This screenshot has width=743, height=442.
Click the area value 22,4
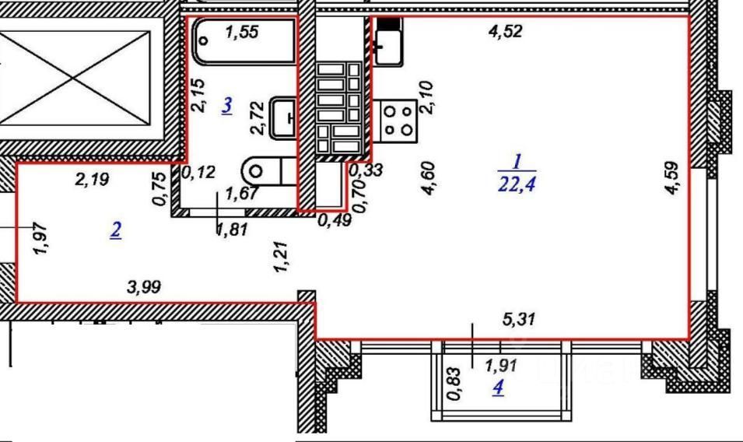pos(517,184)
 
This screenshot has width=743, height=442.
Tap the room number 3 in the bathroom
pos(227,105)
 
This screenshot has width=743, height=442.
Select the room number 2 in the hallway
pos(116,230)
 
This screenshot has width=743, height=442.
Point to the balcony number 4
pos(498,388)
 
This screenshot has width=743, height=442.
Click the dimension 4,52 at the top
pos(505,31)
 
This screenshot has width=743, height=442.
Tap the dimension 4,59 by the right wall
pos(672,178)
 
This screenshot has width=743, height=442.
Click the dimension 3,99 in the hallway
pos(144,286)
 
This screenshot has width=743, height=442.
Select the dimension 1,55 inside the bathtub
pos(242,32)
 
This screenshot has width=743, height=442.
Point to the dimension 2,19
pos(92,179)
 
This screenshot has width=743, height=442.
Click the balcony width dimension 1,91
pos(501,366)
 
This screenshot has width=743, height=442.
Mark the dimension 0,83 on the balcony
pos(453,384)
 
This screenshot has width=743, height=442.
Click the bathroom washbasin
pos(283,118)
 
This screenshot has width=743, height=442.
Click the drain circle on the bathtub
pos(205,40)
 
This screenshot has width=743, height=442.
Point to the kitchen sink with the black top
pos(388,41)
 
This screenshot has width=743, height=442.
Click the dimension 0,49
pos(335,220)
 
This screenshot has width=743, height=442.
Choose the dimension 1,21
pos(281,258)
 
